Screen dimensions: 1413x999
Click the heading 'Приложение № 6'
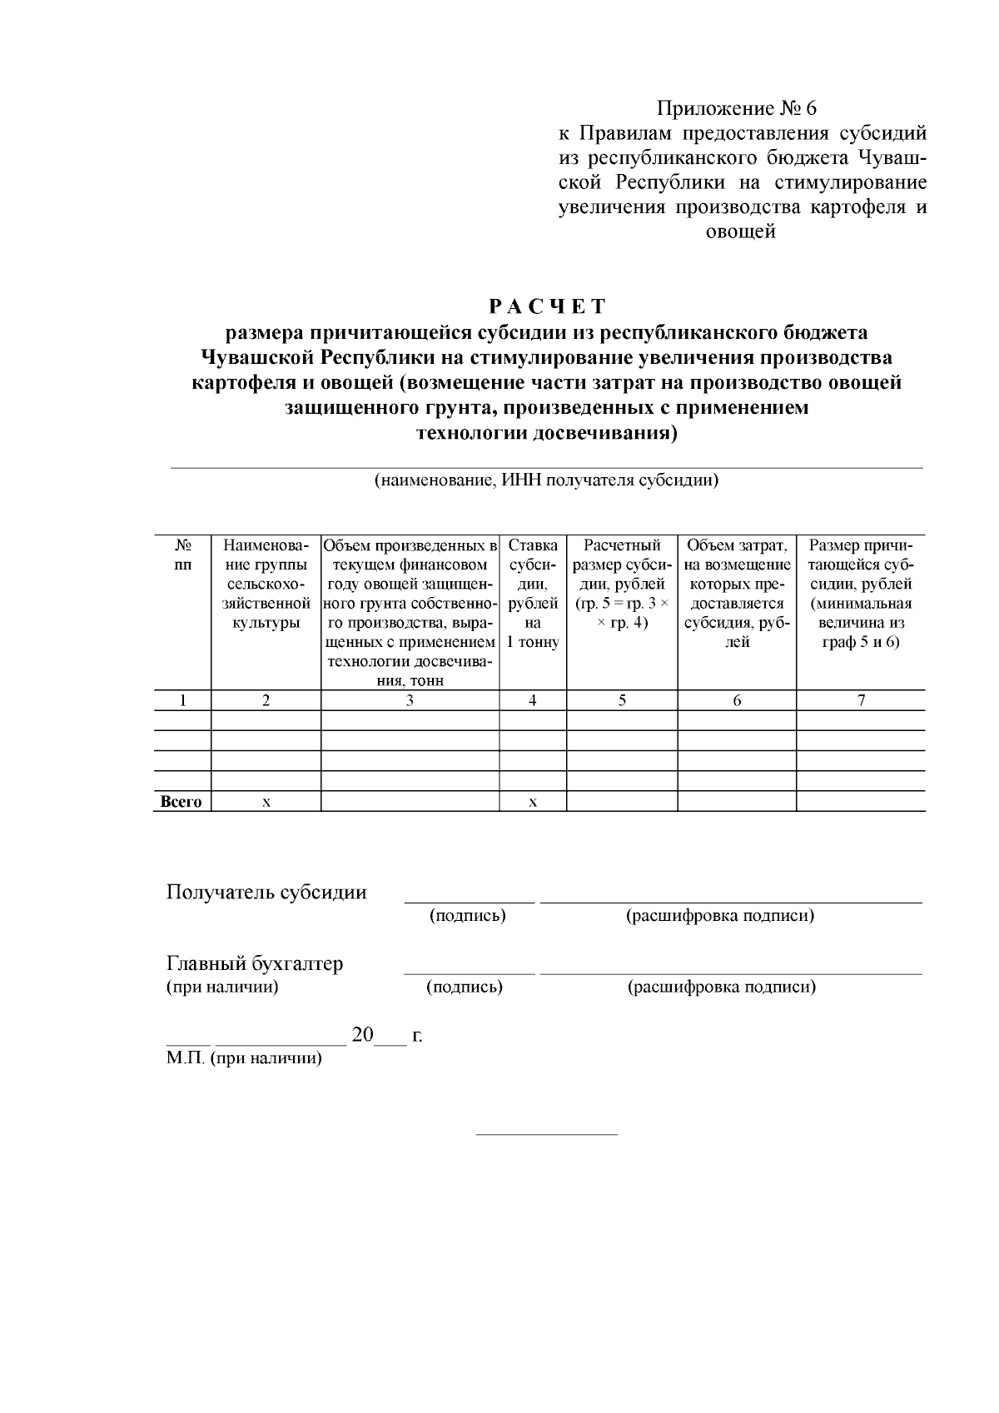(737, 108)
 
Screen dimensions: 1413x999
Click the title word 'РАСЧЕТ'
(547, 306)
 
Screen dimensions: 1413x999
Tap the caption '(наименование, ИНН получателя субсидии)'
(546, 480)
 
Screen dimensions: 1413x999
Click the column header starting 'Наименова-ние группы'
(266, 584)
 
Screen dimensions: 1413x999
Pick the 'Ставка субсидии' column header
(533, 594)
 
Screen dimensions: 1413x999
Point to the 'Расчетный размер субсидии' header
(622, 584)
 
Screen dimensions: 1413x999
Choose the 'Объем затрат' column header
(737, 594)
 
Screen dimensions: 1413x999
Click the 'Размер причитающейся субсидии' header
(861, 594)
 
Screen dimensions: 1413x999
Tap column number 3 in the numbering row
(410, 700)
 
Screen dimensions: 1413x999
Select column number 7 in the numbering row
(861, 700)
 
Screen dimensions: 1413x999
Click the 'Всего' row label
(181, 802)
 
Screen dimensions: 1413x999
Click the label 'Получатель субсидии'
(266, 893)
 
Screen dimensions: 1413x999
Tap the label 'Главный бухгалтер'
(255, 964)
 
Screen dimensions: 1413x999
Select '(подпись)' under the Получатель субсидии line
(468, 916)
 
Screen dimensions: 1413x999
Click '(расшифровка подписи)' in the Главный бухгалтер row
(721, 988)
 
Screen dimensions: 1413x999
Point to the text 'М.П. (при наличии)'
(244, 1058)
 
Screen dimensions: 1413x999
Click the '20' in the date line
(363, 1035)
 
